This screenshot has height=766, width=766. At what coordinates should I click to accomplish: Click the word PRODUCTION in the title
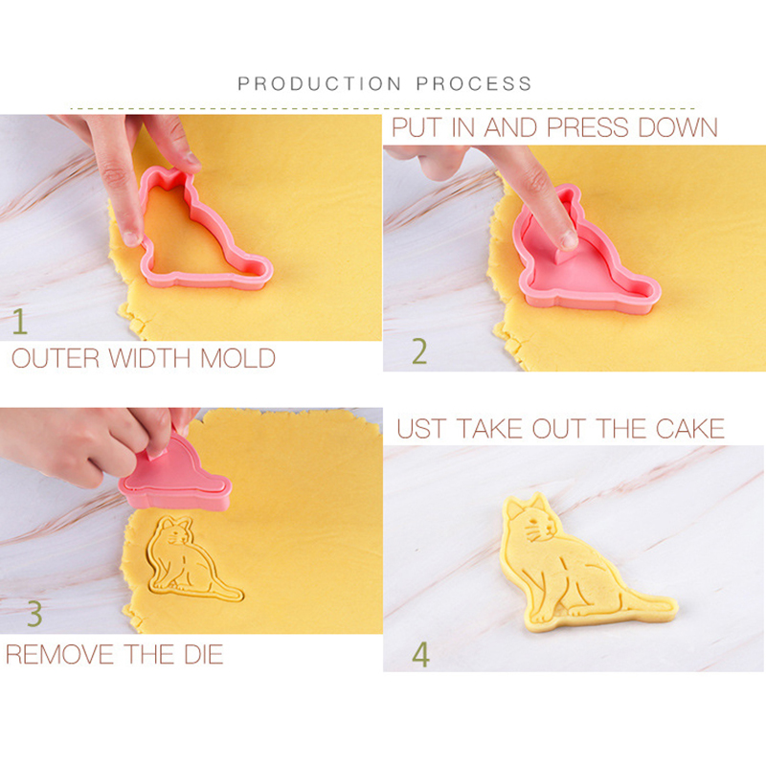coord(320,83)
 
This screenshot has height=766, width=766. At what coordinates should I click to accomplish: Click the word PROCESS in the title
coord(474,83)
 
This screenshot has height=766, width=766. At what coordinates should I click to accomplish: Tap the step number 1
coord(19,322)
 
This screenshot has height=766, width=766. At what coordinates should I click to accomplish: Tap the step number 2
coord(419,351)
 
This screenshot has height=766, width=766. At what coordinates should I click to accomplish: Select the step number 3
coord(34,613)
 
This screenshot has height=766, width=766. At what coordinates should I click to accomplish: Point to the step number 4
coord(420,655)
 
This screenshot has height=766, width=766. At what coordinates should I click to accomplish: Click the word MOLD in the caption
coord(237,358)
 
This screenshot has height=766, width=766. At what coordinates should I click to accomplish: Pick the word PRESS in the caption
coord(588,127)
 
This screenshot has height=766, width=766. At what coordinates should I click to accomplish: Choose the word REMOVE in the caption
coord(59,654)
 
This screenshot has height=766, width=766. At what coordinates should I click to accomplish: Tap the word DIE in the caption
coord(203,654)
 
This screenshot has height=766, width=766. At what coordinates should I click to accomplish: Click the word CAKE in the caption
coord(689,428)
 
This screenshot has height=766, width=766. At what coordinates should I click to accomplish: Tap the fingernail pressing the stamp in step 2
coord(568,240)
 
